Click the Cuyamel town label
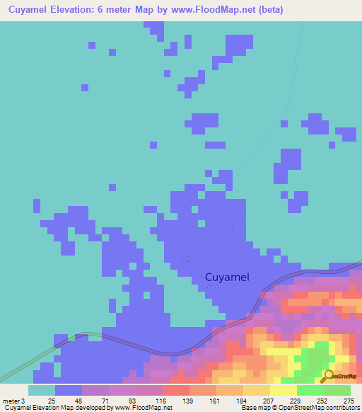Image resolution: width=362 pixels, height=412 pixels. click(226, 277)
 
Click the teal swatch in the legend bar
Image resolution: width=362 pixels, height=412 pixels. click(42, 390)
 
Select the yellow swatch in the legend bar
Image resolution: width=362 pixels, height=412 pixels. click(284, 390)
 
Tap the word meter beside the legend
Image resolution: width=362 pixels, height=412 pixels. click(10, 401)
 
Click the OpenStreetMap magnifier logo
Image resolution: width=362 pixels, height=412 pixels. click(327, 375)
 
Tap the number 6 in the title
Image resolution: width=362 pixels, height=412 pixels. click(115, 10)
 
